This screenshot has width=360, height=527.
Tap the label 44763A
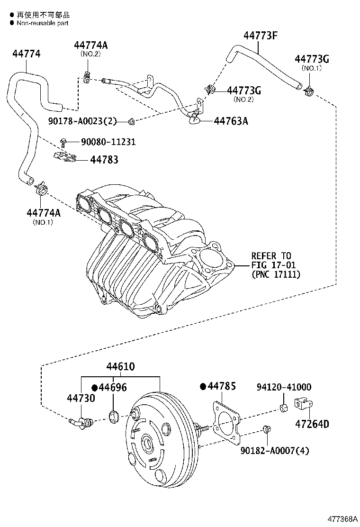click(x=231, y=121)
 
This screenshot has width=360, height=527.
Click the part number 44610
click(x=120, y=367)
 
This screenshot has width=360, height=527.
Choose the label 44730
click(x=81, y=399)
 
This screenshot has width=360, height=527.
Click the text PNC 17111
click(x=276, y=274)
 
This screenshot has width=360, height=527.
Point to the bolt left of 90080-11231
click(x=63, y=142)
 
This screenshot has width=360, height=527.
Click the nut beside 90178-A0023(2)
click(x=132, y=122)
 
